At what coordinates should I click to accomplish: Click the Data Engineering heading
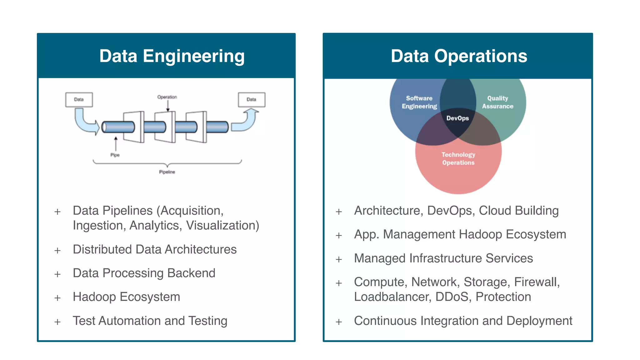[172, 56]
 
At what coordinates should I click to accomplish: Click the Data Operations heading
[459, 56]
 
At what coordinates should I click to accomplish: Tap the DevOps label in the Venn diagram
[457, 118]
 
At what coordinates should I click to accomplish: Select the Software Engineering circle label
[419, 102]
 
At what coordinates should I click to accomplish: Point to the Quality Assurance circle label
[497, 102]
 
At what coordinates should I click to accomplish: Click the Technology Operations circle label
[458, 158]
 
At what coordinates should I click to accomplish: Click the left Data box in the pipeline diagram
[79, 99]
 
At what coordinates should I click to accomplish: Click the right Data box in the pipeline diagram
[252, 99]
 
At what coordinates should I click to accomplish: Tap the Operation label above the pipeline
[167, 97]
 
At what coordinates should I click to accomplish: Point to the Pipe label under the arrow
[115, 155]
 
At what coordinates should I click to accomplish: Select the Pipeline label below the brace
[167, 172]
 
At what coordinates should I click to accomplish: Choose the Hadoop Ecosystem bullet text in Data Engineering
[126, 297]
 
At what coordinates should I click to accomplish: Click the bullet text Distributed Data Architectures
[155, 249]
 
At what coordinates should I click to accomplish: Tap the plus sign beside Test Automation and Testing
[57, 322]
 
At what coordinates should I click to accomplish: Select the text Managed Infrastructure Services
[443, 258]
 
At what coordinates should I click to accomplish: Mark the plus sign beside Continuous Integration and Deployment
[339, 322]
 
